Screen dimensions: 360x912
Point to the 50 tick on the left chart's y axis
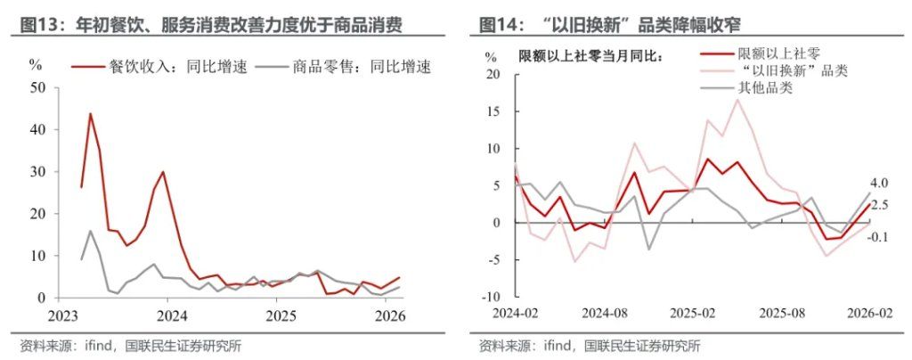click(37, 87)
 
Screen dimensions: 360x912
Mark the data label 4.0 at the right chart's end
click(879, 184)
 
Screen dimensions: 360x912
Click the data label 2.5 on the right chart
click(879, 205)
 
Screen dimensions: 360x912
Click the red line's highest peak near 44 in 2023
click(91, 114)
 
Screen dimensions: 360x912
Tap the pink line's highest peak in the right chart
click(737, 99)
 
